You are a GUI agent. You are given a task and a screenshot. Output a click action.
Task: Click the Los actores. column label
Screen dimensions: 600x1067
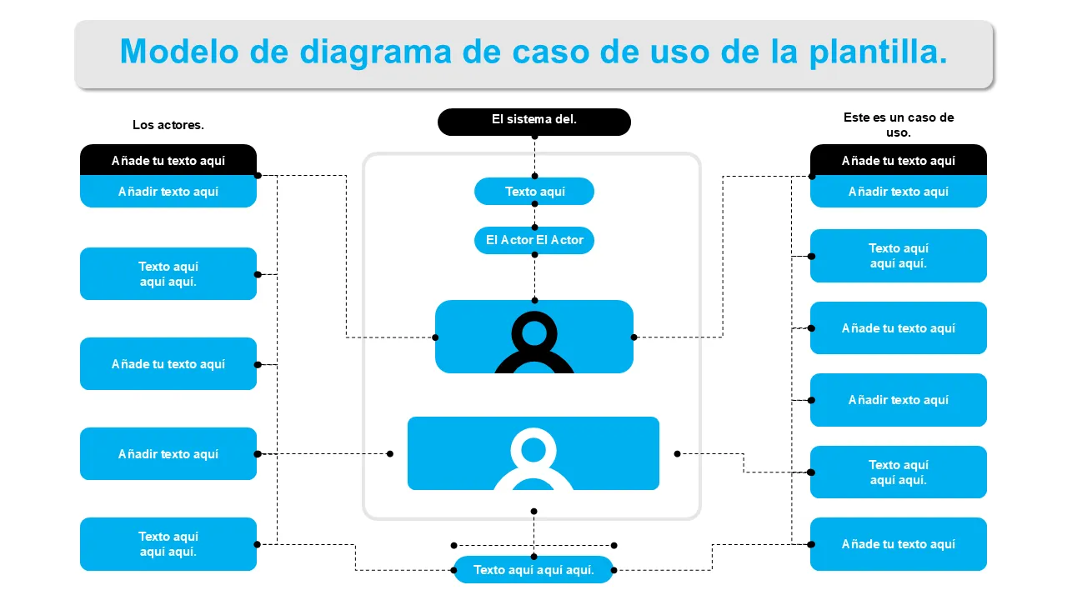click(168, 125)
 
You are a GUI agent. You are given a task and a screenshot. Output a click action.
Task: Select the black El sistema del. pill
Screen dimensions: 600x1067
click(534, 121)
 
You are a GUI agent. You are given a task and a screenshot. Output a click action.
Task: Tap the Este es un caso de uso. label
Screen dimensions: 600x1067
click(899, 125)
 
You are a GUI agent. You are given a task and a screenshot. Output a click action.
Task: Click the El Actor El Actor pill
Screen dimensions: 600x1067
click(534, 240)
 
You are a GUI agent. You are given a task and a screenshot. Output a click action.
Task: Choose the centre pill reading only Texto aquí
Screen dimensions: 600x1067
click(534, 192)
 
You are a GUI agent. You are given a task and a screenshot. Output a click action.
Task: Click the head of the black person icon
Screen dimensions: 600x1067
click(534, 332)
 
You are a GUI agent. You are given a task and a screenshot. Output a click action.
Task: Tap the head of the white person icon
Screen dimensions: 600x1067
click(533, 449)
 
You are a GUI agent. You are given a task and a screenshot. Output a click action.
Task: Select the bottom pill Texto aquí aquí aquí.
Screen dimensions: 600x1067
click(533, 570)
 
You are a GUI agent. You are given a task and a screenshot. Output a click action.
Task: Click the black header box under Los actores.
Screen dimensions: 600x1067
click(168, 160)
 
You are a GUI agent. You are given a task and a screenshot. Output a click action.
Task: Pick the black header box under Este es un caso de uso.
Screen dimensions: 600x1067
click(899, 160)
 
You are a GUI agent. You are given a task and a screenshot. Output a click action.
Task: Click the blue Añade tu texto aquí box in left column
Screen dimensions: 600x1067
click(168, 364)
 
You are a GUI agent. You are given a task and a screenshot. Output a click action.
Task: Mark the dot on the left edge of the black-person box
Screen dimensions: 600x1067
click(435, 337)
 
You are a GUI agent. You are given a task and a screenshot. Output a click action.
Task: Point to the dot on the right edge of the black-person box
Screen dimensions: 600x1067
click(634, 337)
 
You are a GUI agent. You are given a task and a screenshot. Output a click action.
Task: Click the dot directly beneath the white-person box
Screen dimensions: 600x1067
click(533, 512)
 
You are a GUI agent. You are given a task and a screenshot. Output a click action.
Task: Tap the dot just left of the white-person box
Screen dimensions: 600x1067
click(390, 454)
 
